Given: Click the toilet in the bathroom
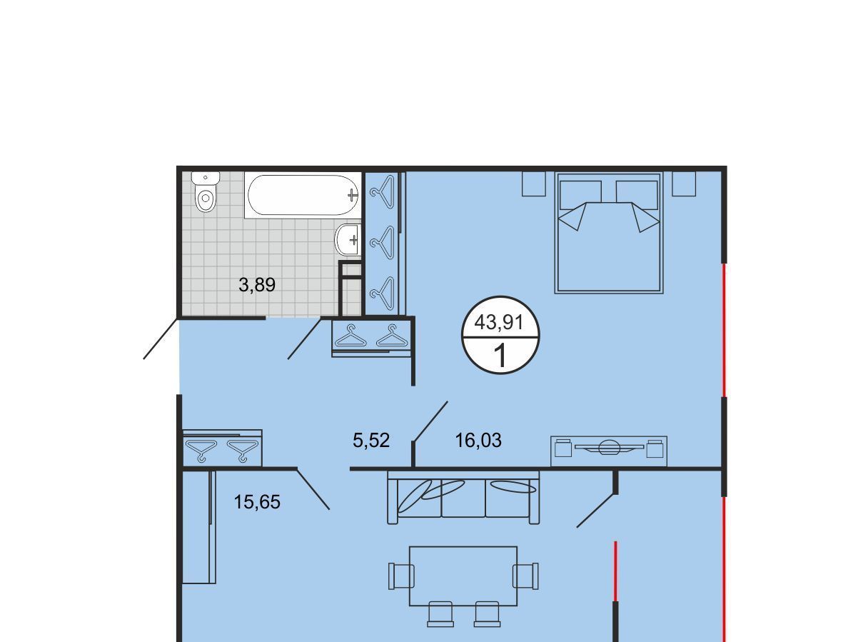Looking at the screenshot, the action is pyautogui.click(x=205, y=192).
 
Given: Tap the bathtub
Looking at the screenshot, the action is pyautogui.click(x=303, y=195).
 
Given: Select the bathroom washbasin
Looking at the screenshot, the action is pyautogui.click(x=348, y=240).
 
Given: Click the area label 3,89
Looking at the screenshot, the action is pyautogui.click(x=257, y=285).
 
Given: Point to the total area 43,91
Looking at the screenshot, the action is pyautogui.click(x=499, y=322).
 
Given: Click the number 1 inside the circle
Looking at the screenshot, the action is pyautogui.click(x=500, y=356).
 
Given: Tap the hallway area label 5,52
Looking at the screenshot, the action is pyautogui.click(x=371, y=441).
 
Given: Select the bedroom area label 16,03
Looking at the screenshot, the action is pyautogui.click(x=478, y=441).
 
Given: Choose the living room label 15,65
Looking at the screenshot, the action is pyautogui.click(x=257, y=502).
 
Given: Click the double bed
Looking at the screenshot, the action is pyautogui.click(x=609, y=233).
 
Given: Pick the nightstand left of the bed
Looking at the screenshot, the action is pyautogui.click(x=534, y=184).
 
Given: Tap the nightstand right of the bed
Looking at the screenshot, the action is pyautogui.click(x=684, y=184).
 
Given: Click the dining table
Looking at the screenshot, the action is pyautogui.click(x=463, y=576).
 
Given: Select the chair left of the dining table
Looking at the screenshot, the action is pyautogui.click(x=401, y=576).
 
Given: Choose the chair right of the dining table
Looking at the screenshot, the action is pyautogui.click(x=525, y=576).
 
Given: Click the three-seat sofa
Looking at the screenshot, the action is pyautogui.click(x=463, y=498).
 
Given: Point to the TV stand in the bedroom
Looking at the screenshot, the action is pyautogui.click(x=609, y=451).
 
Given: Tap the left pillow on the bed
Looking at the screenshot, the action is pyautogui.click(x=581, y=195).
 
